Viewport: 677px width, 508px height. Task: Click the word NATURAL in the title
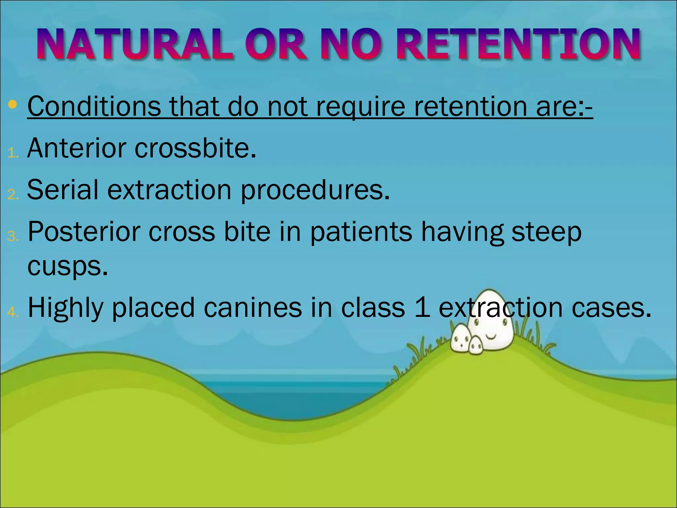tap(135, 44)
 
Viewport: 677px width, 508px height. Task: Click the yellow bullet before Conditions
tap(13, 105)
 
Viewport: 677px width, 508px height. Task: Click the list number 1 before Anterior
tap(13, 153)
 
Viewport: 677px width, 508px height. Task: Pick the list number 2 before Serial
tap(13, 194)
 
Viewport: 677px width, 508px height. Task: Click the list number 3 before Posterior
tap(13, 236)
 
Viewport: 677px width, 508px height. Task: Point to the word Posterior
tap(84, 232)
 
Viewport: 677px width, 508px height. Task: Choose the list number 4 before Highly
tap(13, 312)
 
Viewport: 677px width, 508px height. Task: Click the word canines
tap(253, 308)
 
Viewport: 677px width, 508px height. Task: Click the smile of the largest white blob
tap(491, 337)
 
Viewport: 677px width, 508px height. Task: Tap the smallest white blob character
tap(476, 346)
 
